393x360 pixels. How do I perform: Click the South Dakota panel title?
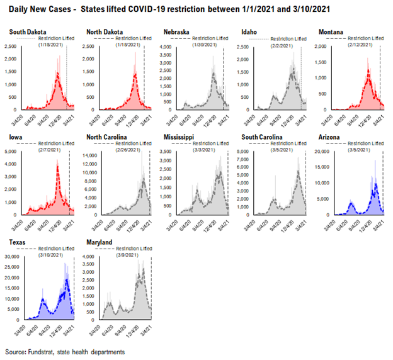coord(27,31)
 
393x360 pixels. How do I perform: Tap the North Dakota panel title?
coord(105,31)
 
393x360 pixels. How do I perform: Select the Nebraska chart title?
coord(177,31)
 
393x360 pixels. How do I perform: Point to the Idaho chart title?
coord(249,31)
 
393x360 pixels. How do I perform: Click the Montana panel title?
coord(329,31)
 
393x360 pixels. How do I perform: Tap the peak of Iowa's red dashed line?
coord(57,165)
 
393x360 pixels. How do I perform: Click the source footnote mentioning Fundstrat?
coord(63,351)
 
